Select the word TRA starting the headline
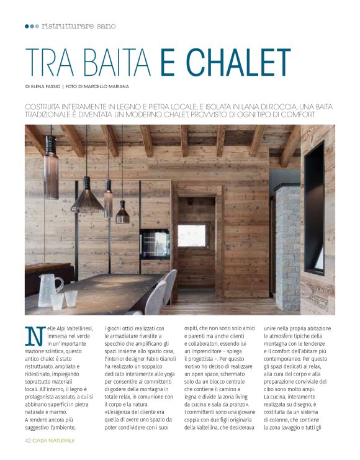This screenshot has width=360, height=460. pos(47,62)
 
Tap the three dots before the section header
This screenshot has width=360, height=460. pos(32,26)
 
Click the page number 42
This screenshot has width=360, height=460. pos(29,440)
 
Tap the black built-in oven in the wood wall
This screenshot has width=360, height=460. pos(155,244)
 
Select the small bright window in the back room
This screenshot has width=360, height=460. pos(192,236)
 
